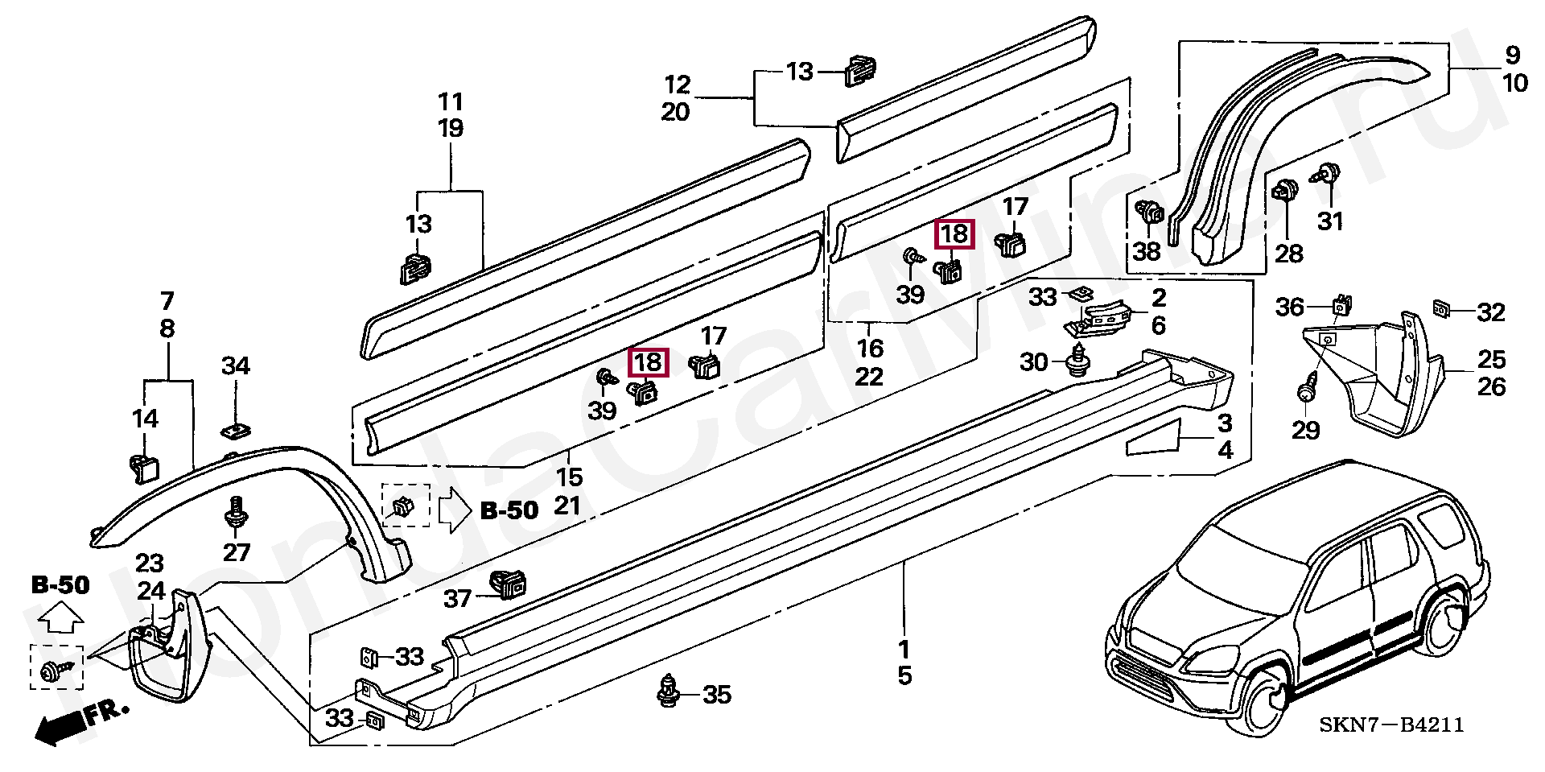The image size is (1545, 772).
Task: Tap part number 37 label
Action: tap(458, 600)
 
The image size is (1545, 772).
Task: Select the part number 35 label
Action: tap(717, 695)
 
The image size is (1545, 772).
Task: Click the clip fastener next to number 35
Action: tap(667, 692)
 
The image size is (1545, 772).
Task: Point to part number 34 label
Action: tap(236, 366)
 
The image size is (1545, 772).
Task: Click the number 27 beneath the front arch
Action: tap(237, 552)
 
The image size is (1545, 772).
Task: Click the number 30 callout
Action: tap(1034, 362)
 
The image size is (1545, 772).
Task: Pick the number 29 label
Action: tap(1305, 431)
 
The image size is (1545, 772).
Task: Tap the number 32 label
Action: tap(1490, 312)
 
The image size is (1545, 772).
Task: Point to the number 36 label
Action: tap(1290, 308)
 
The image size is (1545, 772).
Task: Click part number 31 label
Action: tap(1329, 221)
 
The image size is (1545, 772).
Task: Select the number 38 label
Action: tap(1147, 252)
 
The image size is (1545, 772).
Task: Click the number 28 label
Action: tap(1288, 254)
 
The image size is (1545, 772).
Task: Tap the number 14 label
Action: tap(145, 419)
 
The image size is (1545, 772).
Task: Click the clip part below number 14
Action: tap(142, 468)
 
